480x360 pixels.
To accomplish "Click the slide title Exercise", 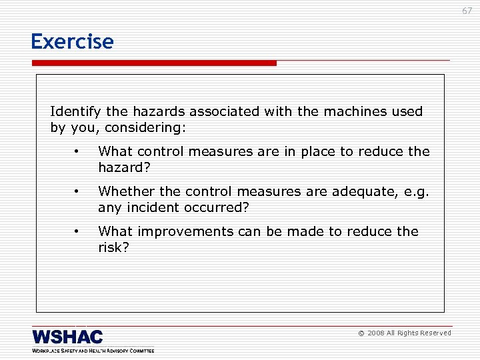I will click(72, 41).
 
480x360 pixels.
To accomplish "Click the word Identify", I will click(73, 111).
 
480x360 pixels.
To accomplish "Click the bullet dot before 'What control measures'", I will click(77, 151).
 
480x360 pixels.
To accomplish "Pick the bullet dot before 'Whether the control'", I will click(77, 191).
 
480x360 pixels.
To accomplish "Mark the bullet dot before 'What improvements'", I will click(77, 231).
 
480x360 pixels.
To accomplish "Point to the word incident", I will click(151, 207).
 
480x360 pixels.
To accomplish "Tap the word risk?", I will click(113, 247).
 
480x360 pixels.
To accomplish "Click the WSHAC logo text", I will click(67, 336).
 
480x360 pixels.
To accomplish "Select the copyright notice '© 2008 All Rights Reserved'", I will click(405, 333).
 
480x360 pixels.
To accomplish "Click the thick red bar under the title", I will click(153, 63).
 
